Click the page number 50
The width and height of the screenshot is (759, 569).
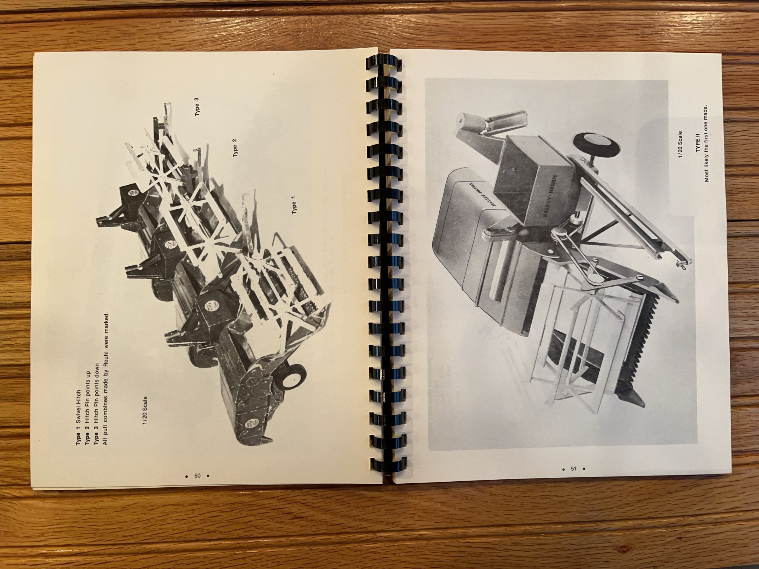(x=197, y=476)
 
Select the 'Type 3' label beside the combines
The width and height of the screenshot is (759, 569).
(x=197, y=107)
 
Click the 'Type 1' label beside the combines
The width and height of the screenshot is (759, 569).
(x=294, y=205)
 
